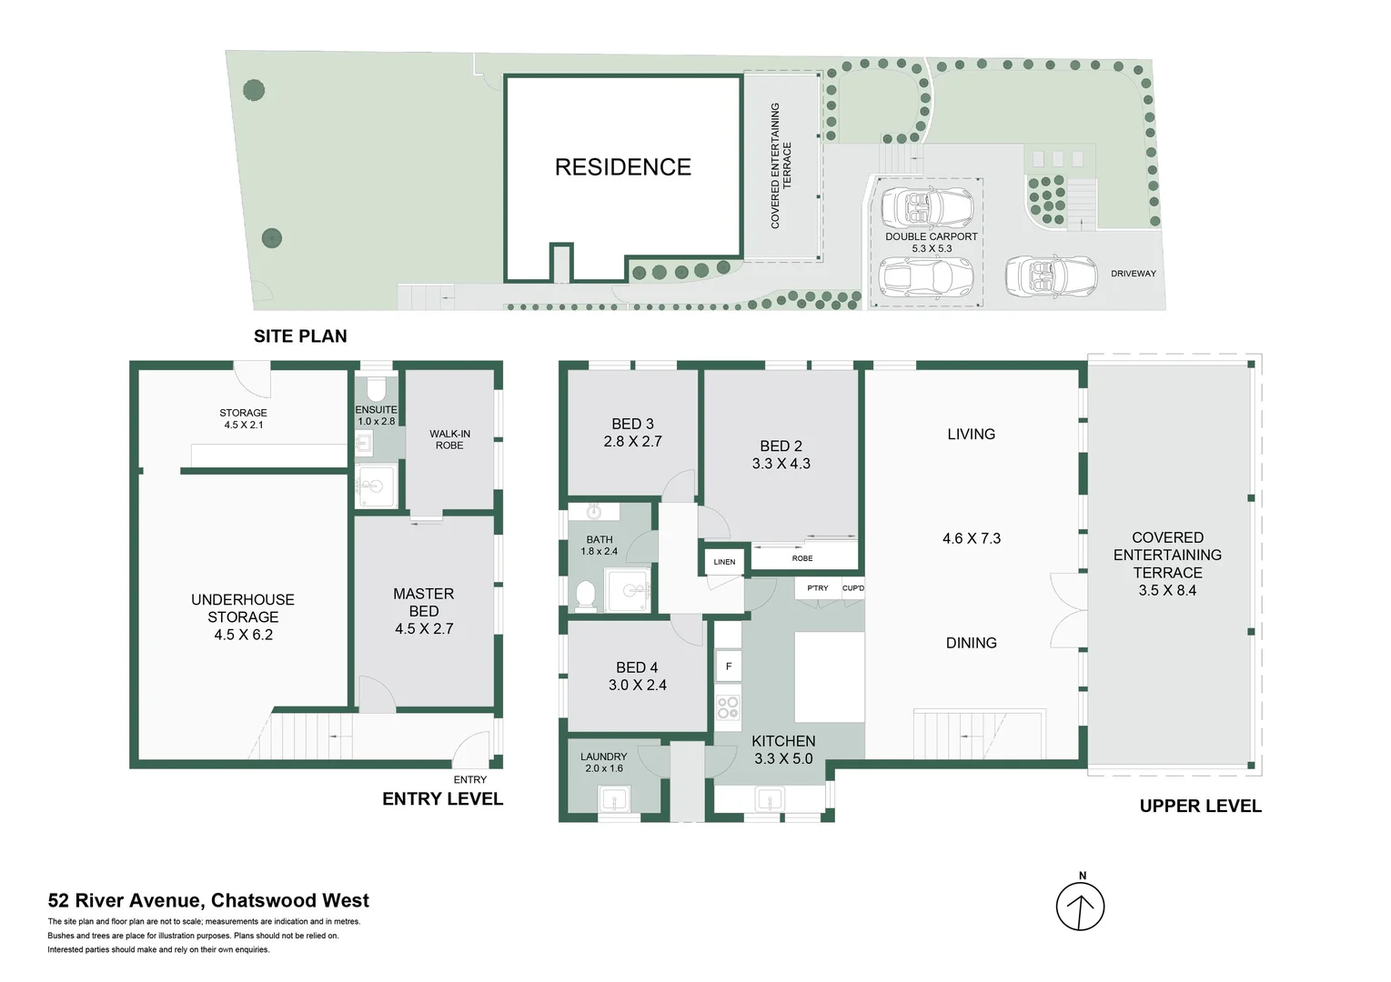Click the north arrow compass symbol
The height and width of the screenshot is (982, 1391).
pyautogui.click(x=1080, y=907)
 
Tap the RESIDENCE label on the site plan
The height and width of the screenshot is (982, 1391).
pyautogui.click(x=623, y=167)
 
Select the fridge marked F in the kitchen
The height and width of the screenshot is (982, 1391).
pyautogui.click(x=729, y=666)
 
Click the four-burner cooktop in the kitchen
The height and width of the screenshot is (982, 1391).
pyautogui.click(x=728, y=706)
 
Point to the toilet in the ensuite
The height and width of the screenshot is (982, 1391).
pyautogui.click(x=376, y=389)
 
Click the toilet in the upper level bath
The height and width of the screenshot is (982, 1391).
pyautogui.click(x=585, y=595)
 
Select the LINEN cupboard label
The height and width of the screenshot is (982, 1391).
pyautogui.click(x=724, y=562)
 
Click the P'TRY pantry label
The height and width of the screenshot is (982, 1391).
pyautogui.click(x=818, y=588)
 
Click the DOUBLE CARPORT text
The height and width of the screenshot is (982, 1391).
pyautogui.click(x=932, y=236)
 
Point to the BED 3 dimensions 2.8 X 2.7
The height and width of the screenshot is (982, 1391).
pyautogui.click(x=632, y=442)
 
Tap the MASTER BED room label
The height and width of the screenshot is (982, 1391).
pyautogui.click(x=424, y=602)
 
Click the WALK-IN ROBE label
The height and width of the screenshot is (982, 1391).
pyautogui.click(x=449, y=439)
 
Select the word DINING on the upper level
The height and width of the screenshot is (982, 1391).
pyautogui.click(x=972, y=643)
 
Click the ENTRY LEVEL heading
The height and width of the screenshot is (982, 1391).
pyautogui.click(x=442, y=799)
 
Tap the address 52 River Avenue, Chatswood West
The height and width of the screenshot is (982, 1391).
pyautogui.click(x=208, y=901)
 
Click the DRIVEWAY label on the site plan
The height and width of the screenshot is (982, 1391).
pyautogui.click(x=1133, y=274)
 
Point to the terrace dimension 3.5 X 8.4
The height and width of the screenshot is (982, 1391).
pyautogui.click(x=1167, y=590)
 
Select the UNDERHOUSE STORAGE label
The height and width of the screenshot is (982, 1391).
pyautogui.click(x=243, y=608)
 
